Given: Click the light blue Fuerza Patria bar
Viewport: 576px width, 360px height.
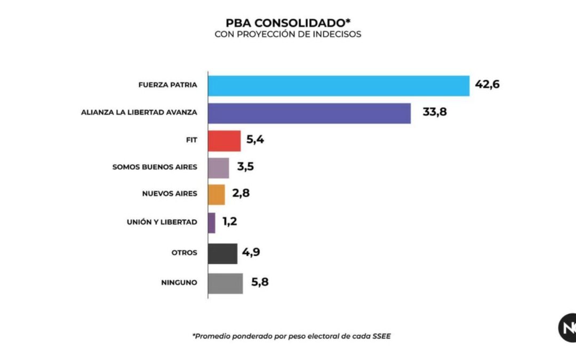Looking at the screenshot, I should pyautogui.click(x=338, y=85).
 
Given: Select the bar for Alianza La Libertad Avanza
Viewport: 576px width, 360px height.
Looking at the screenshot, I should pyautogui.click(x=309, y=113).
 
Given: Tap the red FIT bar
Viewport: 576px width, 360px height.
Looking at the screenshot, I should pyautogui.click(x=224, y=141).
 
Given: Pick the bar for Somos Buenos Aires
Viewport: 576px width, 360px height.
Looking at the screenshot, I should pyautogui.click(x=218, y=168).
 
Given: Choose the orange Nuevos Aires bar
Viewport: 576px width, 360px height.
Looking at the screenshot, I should pyautogui.click(x=216, y=195).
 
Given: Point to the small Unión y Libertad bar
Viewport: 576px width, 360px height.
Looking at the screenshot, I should pyautogui.click(x=212, y=223).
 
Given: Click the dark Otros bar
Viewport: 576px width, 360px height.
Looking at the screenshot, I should pyautogui.click(x=222, y=254).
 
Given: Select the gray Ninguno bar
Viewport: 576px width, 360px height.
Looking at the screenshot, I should pyautogui.click(x=225, y=283).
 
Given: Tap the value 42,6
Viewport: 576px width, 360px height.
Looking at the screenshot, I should pyautogui.click(x=487, y=84).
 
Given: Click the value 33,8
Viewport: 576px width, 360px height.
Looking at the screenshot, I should pyautogui.click(x=435, y=113).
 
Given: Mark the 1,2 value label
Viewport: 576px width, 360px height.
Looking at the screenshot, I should pyautogui.click(x=230, y=222).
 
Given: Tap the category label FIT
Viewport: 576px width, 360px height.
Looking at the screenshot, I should pyautogui.click(x=190, y=140).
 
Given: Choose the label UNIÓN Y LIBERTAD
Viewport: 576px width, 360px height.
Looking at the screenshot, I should pyautogui.click(x=162, y=222).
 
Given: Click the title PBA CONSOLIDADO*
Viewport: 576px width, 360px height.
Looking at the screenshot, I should pyautogui.click(x=289, y=23).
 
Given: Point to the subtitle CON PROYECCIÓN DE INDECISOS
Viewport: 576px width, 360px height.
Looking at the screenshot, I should pyautogui.click(x=288, y=34).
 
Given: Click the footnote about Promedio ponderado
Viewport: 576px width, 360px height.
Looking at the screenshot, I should pyautogui.click(x=287, y=336).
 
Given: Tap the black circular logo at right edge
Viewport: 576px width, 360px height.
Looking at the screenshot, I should pyautogui.click(x=567, y=327).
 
